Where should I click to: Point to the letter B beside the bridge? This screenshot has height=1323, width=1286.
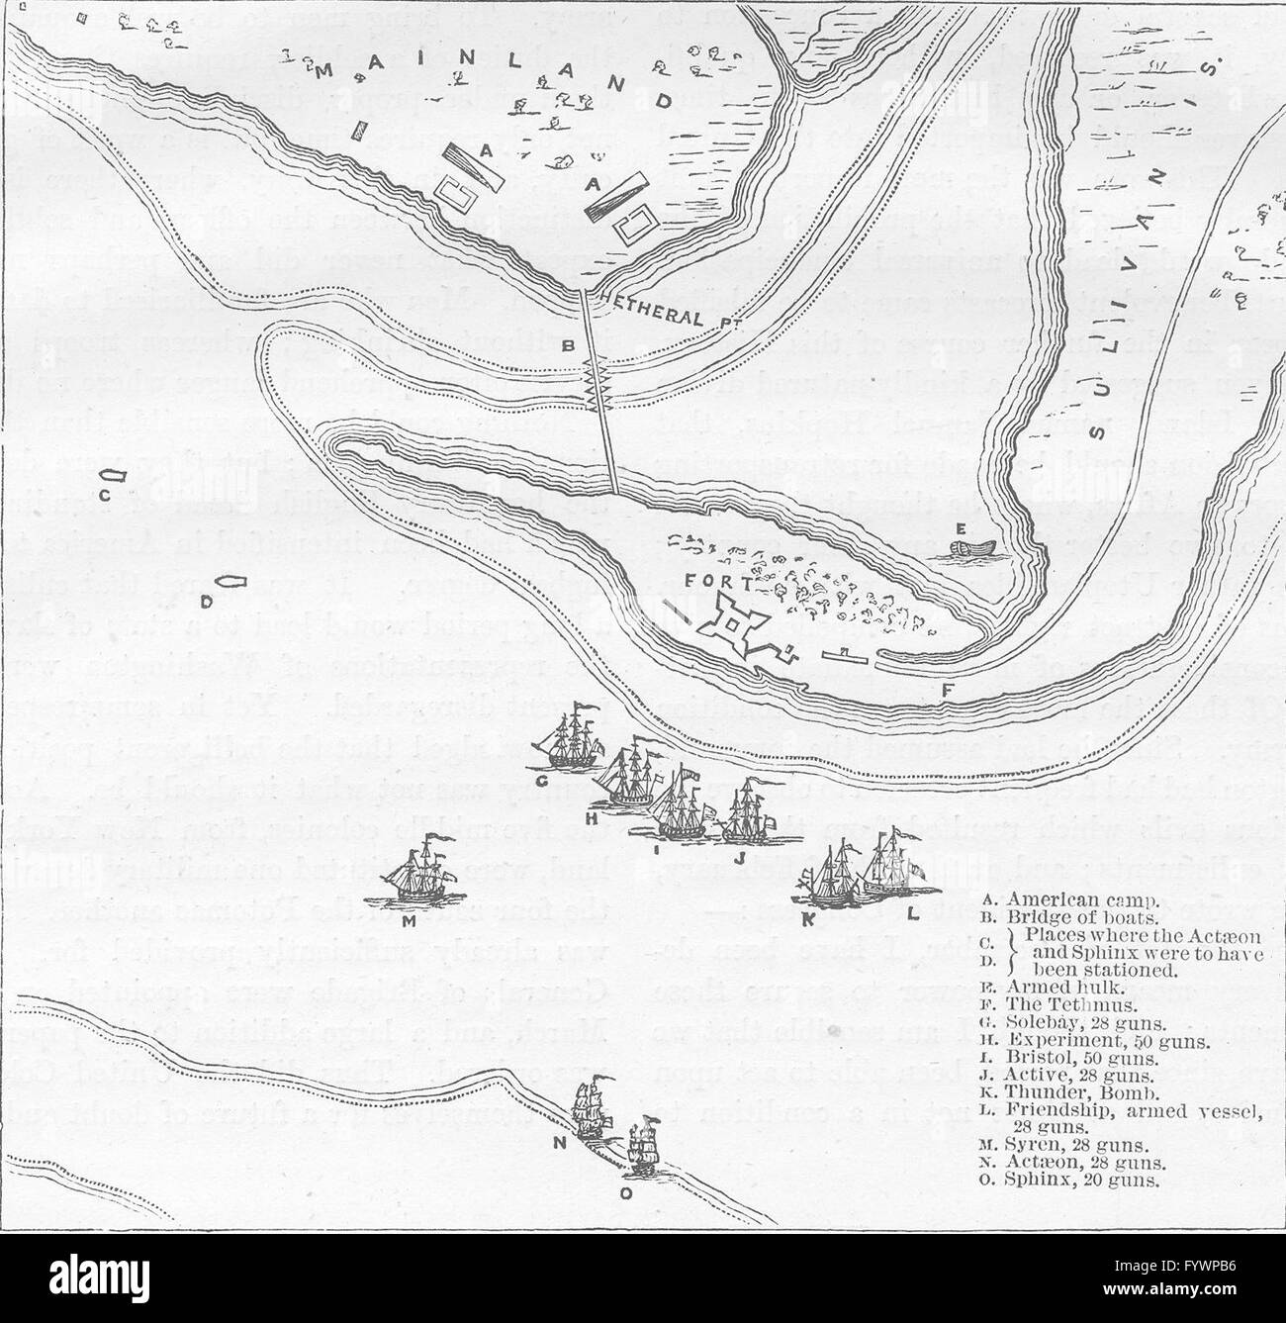click(x=568, y=346)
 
